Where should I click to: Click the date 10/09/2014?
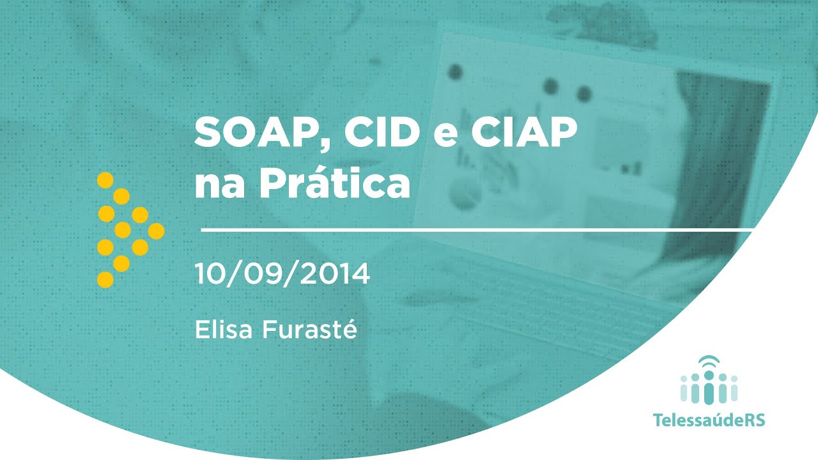tap(282, 274)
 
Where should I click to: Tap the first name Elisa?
tap(223, 330)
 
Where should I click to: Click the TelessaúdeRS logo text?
tap(709, 420)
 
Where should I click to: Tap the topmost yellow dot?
tap(105, 180)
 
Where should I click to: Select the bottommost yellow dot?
tap(105, 279)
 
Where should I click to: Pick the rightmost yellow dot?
tap(156, 231)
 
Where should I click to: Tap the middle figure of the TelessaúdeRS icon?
tap(709, 388)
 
